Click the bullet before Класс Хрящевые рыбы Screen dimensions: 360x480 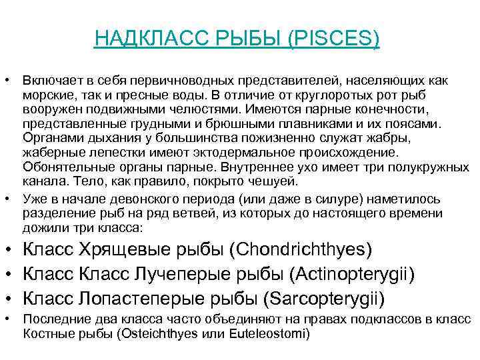click(9, 251)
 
